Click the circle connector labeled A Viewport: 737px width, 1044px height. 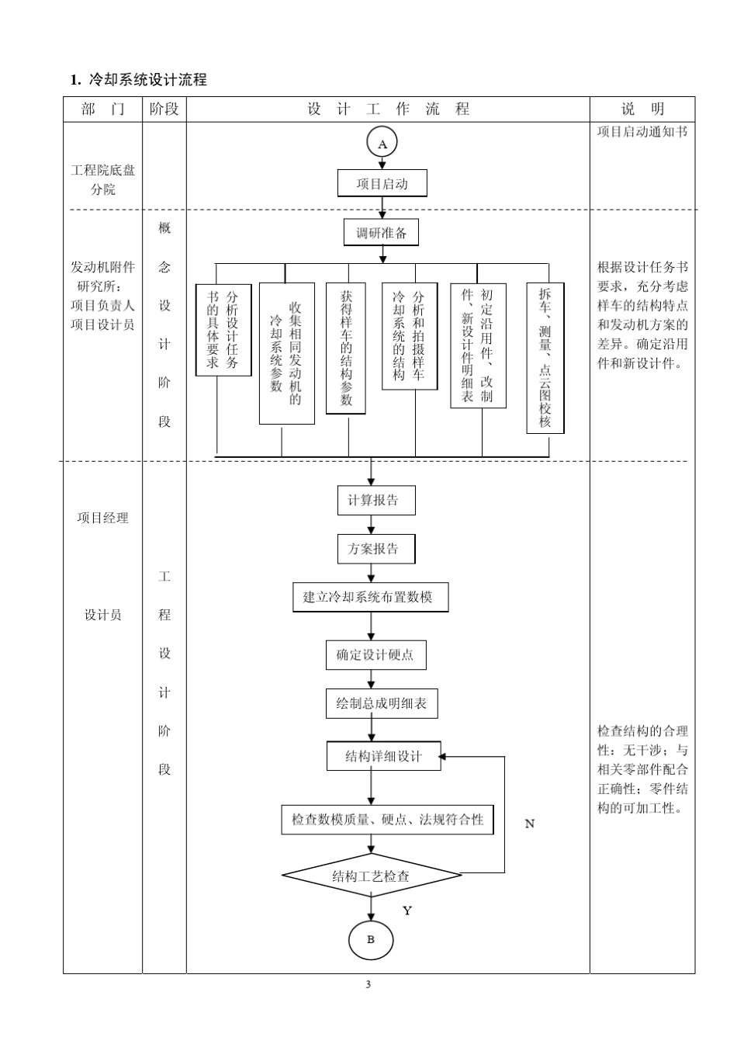coord(382,144)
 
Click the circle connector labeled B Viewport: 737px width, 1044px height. coord(370,940)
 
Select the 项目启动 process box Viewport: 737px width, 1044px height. coord(382,184)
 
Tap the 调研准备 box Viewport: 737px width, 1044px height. coord(381,233)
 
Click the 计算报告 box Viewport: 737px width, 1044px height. coord(375,501)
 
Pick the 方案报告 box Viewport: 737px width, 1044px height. coord(375,549)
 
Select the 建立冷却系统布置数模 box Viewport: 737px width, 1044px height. coord(370,598)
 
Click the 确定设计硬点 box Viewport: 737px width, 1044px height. coord(375,655)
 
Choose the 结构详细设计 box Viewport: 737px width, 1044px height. coord(383,756)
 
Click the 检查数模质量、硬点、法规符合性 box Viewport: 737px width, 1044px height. coord(386,820)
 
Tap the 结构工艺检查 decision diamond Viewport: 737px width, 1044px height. coord(371,876)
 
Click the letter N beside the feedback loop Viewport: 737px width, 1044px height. coord(530,824)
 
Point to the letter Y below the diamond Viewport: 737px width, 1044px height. coord(407,911)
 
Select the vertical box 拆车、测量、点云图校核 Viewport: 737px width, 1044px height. coord(545,358)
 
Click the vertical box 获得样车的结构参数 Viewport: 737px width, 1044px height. coord(346,349)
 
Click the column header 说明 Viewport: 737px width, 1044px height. coord(642,109)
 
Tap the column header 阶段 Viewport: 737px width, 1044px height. coord(164,109)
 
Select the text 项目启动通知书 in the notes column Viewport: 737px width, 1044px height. coord(642,132)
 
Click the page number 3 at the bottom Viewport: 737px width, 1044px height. coord(368,985)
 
